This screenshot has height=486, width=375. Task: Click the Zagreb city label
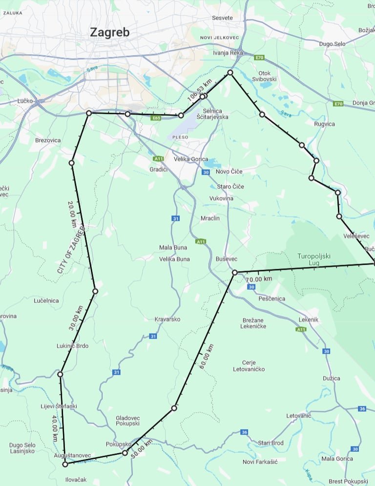tap(110, 33)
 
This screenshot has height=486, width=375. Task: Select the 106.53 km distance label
tap(196, 90)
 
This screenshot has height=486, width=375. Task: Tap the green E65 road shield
tap(156, 118)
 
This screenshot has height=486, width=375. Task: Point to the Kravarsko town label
tap(167, 319)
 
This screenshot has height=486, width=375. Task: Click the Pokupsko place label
tap(119, 444)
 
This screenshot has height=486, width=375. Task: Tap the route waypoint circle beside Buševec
tap(234, 273)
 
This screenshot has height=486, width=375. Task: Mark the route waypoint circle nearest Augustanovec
tap(65, 464)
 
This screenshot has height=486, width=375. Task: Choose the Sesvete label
tap(223, 18)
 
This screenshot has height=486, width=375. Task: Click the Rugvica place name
tap(325, 124)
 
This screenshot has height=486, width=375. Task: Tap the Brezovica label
tap(48, 140)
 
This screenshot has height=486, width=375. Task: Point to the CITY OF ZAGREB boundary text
tap(71, 250)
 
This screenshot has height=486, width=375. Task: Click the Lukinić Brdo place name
tap(72, 346)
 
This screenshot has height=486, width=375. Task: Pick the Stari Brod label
tap(271, 443)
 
